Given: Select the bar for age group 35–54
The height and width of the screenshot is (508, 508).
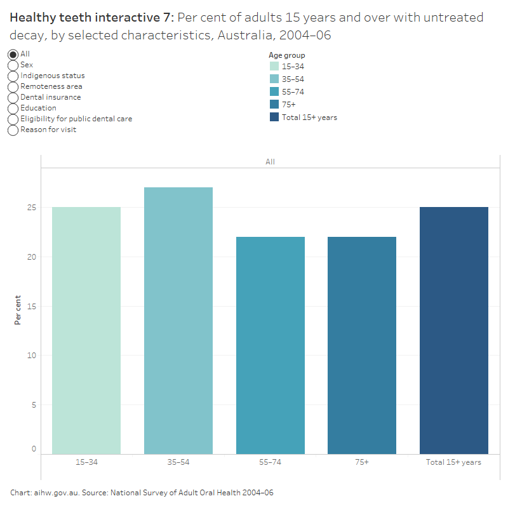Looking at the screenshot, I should [x=178, y=321].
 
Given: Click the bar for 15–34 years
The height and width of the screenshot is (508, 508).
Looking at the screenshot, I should [x=86, y=330].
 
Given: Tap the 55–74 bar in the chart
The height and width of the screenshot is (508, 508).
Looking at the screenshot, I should [x=270, y=345].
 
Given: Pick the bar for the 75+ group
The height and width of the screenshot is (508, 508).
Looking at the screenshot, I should [x=362, y=345].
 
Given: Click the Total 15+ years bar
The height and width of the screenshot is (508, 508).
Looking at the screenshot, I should [x=453, y=330].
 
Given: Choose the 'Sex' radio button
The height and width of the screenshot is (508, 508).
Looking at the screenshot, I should [x=13, y=65].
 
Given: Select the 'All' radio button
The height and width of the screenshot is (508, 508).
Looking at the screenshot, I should [x=13, y=55].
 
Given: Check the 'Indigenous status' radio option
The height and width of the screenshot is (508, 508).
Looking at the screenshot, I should [x=13, y=76].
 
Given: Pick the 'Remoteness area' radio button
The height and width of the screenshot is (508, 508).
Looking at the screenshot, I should [x=13, y=86].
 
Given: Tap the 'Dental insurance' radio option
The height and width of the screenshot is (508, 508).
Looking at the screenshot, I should [x=13, y=97].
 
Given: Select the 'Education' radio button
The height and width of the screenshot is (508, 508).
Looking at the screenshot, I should [x=13, y=108].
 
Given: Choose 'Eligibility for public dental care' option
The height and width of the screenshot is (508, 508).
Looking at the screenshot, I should [x=13, y=119].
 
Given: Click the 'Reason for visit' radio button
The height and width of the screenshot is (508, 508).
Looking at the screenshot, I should [x=13, y=130].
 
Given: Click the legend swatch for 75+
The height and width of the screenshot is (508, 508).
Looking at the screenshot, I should [x=274, y=104].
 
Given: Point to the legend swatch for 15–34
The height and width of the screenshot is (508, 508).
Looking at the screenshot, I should [x=274, y=66].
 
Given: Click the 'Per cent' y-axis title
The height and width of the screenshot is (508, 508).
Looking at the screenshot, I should [x=18, y=310].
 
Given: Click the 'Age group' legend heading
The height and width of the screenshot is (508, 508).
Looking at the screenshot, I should [x=286, y=55].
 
